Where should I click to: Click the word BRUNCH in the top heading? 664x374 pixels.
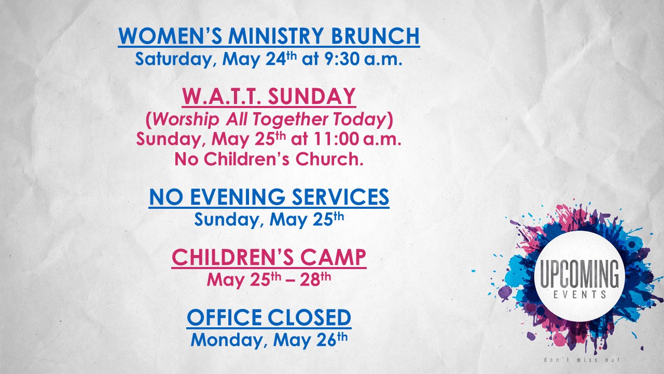tap(375, 36)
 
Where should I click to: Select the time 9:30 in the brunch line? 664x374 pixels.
tap(342, 59)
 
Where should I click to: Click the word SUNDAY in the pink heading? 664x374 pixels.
tap(312, 96)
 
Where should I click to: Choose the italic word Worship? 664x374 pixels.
tap(186, 119)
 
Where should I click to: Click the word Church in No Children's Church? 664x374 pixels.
tap(329, 159)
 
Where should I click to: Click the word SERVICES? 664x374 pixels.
tap(340, 196)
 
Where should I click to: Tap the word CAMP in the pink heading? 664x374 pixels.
tap(333, 257)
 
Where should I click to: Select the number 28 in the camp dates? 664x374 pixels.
tap(310, 280)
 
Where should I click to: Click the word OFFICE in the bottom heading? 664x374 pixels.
tap(225, 317)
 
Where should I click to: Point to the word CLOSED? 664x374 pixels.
tap(310, 317)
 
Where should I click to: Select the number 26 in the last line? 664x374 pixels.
tap(326, 340)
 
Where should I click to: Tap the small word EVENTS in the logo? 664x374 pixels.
tap(579, 295)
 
